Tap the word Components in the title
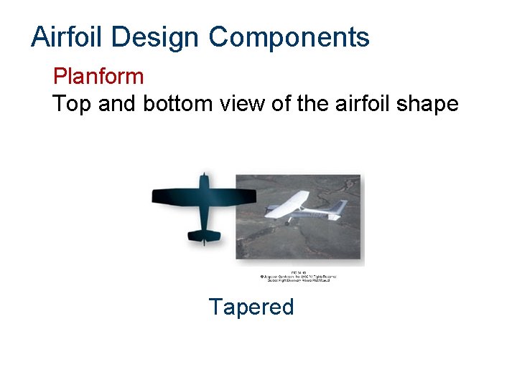pyautogui.click(x=289, y=37)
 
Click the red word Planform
pyautogui.click(x=98, y=76)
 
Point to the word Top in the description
pyautogui.click(x=72, y=104)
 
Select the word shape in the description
pyautogui.click(x=430, y=104)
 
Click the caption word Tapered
pyautogui.click(x=251, y=307)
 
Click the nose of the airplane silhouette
pyautogui.click(x=205, y=176)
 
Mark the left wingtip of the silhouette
pyautogui.click(x=154, y=196)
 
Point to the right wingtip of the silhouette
pyautogui.click(x=254, y=196)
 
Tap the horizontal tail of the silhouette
pyautogui.click(x=204, y=235)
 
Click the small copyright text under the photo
pyautogui.click(x=298, y=276)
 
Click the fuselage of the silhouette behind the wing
pyautogui.click(x=204, y=219)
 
